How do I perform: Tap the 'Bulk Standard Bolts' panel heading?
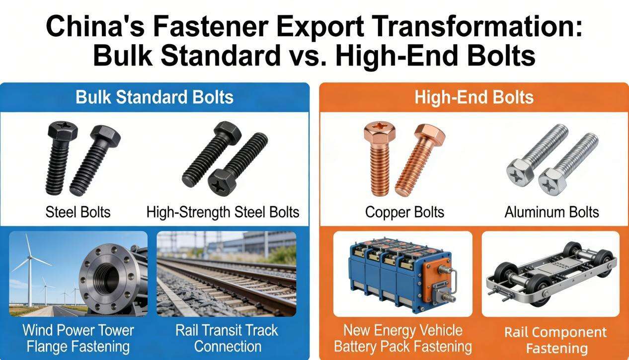(155, 97)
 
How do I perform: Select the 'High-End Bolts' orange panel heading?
(473, 97)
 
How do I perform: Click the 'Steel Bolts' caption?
(78, 213)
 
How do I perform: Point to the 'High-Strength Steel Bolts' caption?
(223, 213)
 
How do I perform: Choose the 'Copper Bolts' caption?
(404, 213)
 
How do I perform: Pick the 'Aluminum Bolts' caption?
(551, 213)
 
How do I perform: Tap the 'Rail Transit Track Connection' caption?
(227, 338)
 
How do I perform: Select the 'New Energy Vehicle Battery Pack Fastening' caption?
(402, 338)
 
